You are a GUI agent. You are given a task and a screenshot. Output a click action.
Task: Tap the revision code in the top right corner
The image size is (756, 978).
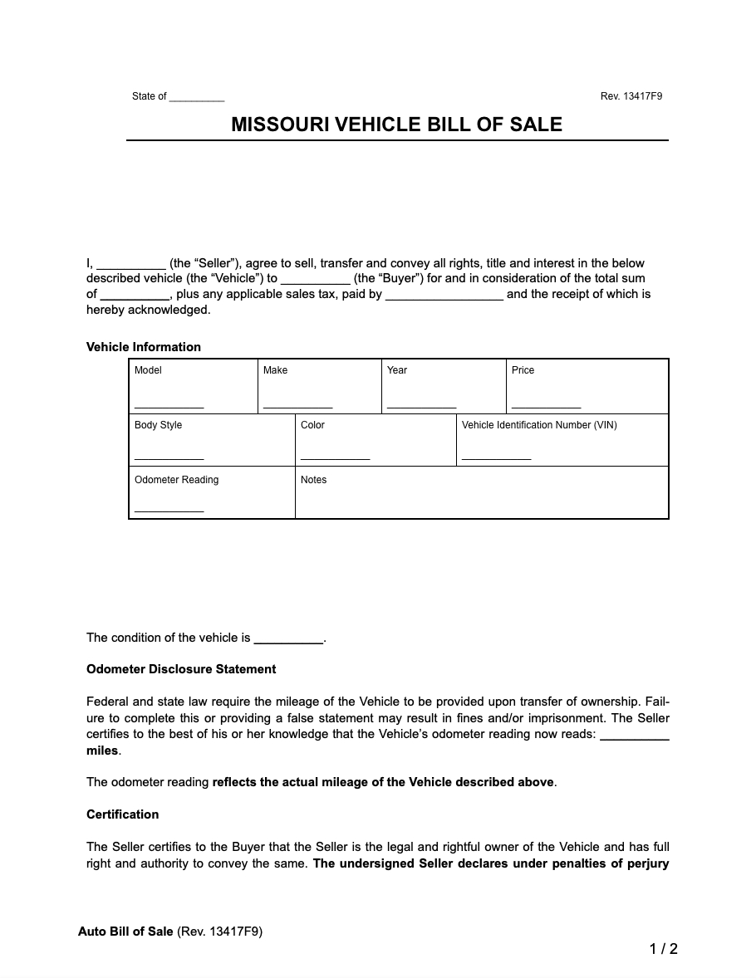point(631,96)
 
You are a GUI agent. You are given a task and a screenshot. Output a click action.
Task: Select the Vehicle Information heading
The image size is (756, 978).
point(144,347)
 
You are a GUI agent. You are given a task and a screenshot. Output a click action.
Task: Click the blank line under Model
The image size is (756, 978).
point(169,405)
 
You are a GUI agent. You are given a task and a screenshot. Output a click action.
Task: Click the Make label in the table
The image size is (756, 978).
point(275,370)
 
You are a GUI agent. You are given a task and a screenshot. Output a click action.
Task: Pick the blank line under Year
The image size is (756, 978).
point(421,405)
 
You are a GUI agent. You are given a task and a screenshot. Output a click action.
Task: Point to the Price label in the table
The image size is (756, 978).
point(523,370)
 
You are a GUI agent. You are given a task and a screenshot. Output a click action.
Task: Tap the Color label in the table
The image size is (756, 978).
point(312,425)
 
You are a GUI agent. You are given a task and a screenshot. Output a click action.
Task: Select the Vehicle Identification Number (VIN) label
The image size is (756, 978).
point(539,425)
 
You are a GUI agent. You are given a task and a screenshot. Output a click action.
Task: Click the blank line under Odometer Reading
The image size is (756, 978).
point(169,510)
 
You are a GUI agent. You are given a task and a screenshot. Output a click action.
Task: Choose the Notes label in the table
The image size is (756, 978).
point(313,480)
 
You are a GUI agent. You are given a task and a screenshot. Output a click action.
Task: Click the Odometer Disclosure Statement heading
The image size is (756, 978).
point(181,669)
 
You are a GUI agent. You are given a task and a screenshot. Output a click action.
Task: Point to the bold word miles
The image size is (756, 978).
point(102,751)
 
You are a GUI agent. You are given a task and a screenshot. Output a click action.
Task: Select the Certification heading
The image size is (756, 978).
point(122,814)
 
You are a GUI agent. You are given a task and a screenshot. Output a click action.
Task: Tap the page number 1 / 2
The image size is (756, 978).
point(663,949)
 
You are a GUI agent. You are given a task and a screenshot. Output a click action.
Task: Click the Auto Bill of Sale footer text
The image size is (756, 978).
point(125,932)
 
